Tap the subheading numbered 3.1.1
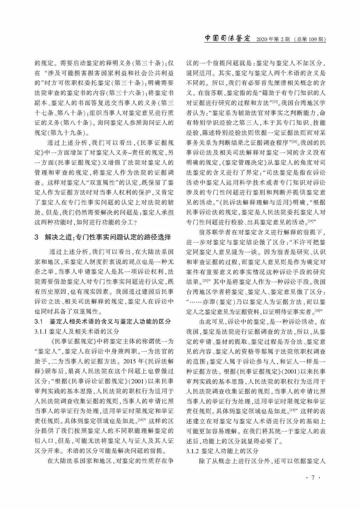77,331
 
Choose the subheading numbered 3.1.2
222,452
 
